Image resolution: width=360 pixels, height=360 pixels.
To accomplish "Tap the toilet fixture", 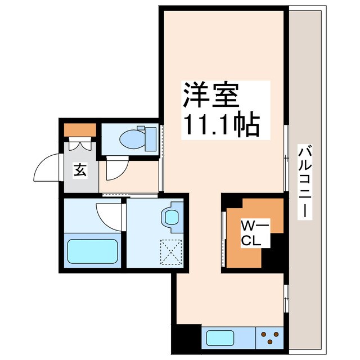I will click(135, 137).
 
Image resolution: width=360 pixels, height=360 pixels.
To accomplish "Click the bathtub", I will click(92, 251).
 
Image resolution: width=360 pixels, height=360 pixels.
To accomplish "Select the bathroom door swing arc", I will click(110, 214).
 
